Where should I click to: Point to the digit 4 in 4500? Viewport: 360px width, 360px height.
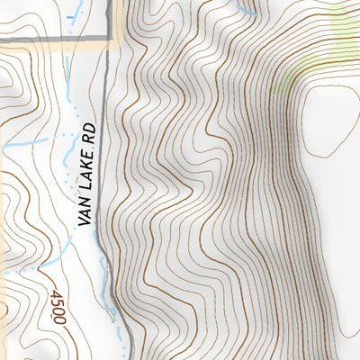click(59, 294)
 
